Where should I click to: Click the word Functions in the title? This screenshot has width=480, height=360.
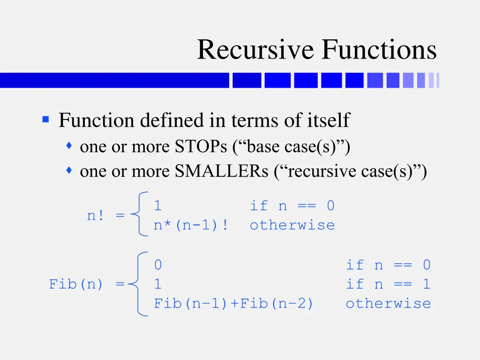point(379,50)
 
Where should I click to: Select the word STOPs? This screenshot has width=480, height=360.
point(201,147)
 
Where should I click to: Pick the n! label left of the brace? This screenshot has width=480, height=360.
point(97,216)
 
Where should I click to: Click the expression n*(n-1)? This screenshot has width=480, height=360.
point(191,225)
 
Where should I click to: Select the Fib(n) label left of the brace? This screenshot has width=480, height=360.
point(76,284)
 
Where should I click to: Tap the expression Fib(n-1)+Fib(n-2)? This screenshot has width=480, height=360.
point(234,303)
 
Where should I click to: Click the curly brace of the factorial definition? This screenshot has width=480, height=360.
point(139,214)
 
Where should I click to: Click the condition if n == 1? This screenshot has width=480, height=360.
point(388,284)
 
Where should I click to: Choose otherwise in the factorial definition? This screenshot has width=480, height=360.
point(292,225)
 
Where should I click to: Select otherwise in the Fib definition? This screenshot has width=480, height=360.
point(388,303)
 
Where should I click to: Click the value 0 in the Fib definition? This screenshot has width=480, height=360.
point(158,265)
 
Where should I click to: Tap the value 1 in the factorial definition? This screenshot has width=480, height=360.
point(158,206)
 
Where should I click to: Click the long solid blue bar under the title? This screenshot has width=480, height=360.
point(114,80)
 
